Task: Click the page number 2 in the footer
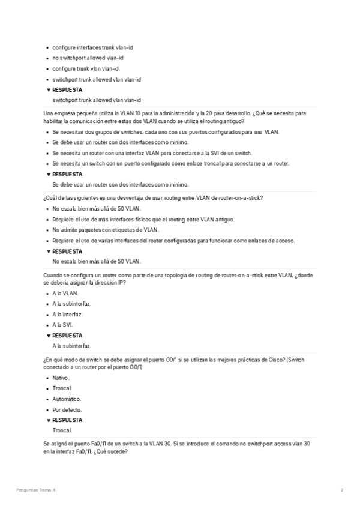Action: click(x=341, y=490)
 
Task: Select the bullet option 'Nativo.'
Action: click(x=61, y=378)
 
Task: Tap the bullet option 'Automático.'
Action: click(x=67, y=399)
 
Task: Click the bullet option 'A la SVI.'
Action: click(x=62, y=325)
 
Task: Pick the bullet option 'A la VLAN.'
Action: click(x=65, y=293)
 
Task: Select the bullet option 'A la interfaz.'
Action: click(x=67, y=314)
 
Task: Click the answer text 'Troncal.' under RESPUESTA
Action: click(x=62, y=430)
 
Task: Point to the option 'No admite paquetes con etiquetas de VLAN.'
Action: click(x=106, y=229)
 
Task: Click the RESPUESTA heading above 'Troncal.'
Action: click(x=67, y=420)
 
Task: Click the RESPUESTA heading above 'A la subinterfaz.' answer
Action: click(x=67, y=336)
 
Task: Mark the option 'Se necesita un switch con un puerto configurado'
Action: click(x=171, y=163)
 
